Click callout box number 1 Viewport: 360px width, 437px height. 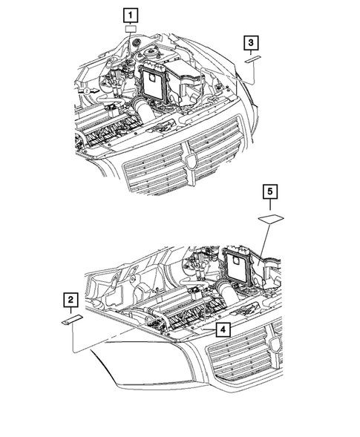(x=131, y=15)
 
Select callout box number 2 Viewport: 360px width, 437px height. (x=70, y=300)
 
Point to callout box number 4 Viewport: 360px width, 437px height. (x=220, y=327)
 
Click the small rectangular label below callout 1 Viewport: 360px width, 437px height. (x=131, y=30)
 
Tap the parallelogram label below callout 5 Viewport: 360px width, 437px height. (x=271, y=218)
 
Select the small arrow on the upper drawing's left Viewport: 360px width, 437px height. (x=87, y=89)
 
